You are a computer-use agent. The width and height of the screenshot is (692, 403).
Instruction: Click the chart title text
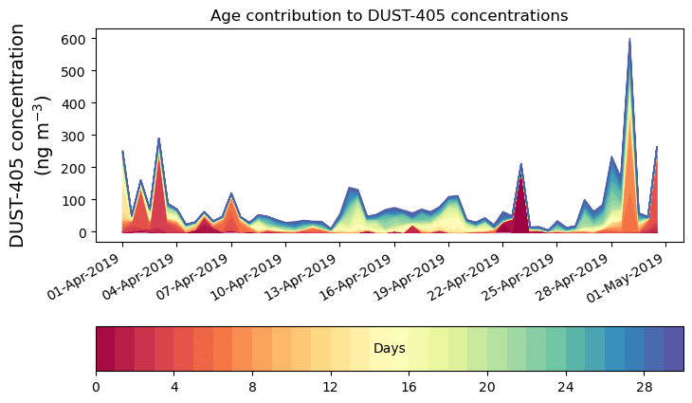389,15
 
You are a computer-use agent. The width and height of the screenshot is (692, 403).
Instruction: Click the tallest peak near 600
629,40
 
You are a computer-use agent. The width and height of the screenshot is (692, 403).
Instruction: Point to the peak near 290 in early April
158,139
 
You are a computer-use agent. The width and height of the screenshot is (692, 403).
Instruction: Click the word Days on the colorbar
390,349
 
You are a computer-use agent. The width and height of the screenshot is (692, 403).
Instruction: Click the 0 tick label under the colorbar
96,388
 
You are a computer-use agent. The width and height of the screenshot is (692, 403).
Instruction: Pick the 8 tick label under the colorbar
252,388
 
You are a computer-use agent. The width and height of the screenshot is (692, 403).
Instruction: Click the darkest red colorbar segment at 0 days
105,349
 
